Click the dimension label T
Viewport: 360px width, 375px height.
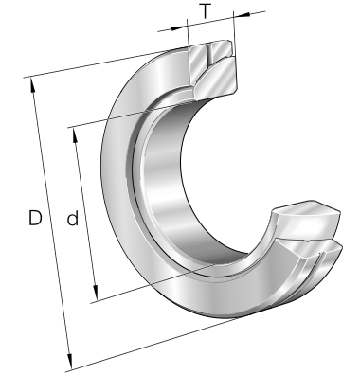click(x=206, y=11)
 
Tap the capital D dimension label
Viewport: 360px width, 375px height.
click(x=35, y=218)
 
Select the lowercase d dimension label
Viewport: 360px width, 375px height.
click(x=73, y=218)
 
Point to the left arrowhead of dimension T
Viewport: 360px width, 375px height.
click(x=179, y=27)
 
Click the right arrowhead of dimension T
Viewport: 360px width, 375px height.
click(x=242, y=15)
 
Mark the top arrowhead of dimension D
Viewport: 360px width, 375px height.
click(x=32, y=85)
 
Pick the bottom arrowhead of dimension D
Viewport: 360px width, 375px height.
click(x=69, y=361)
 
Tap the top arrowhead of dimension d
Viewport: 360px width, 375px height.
click(x=75, y=135)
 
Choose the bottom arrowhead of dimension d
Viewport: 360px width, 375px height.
click(x=96, y=293)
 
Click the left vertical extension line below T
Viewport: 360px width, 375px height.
click(x=188, y=34)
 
